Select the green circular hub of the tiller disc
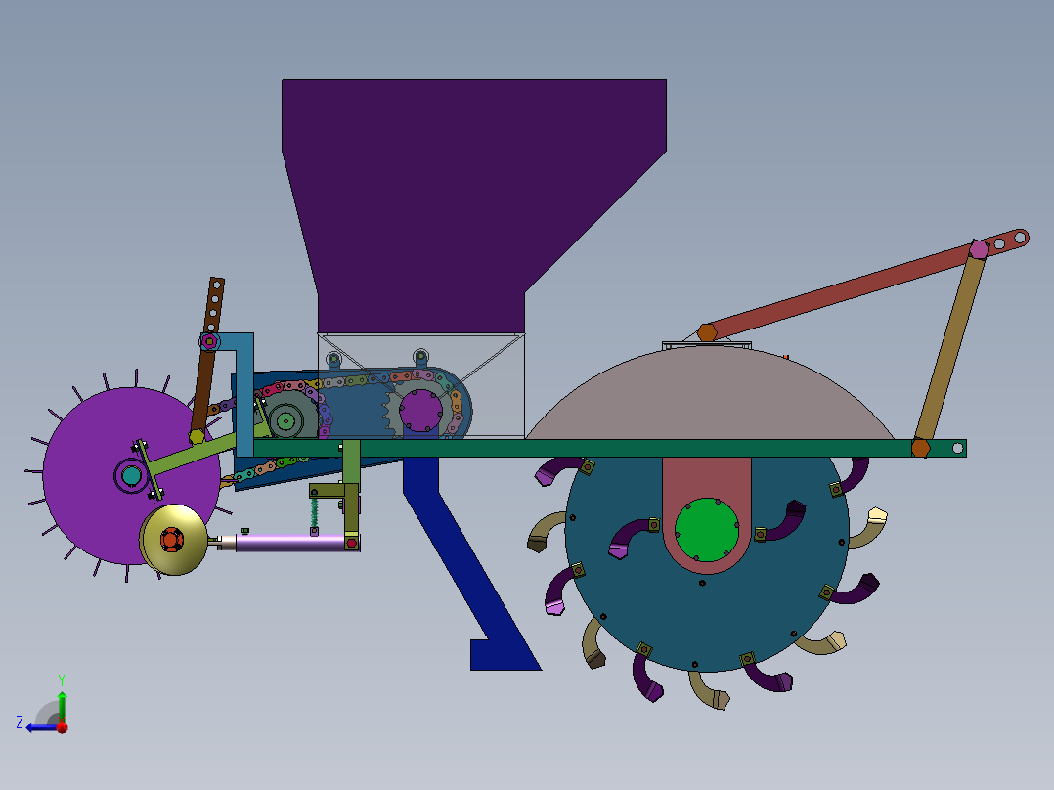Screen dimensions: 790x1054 pos(706,529)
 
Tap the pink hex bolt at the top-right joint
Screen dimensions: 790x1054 pos(979,249)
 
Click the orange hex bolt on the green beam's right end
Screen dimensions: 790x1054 pos(920,448)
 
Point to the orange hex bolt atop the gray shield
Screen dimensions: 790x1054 pos(707,332)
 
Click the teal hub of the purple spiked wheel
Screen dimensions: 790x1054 pos(130,476)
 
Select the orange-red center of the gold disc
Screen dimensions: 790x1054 pos(172,539)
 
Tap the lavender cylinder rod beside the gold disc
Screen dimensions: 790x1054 pos(288,543)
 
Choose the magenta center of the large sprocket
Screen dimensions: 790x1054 pos(420,411)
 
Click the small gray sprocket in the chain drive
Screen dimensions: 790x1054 pos(285,421)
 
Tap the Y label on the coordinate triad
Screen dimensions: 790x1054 pos(61,679)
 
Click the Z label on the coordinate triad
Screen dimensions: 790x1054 pos(20,723)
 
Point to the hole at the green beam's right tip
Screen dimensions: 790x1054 pos(958,448)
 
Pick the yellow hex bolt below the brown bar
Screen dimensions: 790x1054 pos(197,436)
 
